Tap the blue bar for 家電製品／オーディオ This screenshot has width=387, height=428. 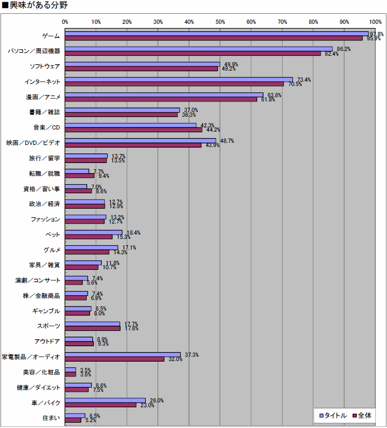pos(122,354)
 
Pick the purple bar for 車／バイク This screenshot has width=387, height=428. pos(101,405)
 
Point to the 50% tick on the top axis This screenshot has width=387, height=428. pos(220,22)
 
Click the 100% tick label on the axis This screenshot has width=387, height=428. pos(375,22)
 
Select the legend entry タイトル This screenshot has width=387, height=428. pos(332,415)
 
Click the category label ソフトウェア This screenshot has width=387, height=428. pos(45,66)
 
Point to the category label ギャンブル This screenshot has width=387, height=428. pos(47,311)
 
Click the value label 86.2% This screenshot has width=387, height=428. pos(344,49)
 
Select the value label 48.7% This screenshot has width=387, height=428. pos(227,141)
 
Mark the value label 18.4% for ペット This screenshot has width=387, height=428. pos(133,233)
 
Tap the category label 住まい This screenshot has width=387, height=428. pos(51,418)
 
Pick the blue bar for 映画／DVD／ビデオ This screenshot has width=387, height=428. pos(140,141)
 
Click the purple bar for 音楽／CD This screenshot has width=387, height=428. pos(134,130)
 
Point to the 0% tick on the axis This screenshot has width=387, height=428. pos(65,22)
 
